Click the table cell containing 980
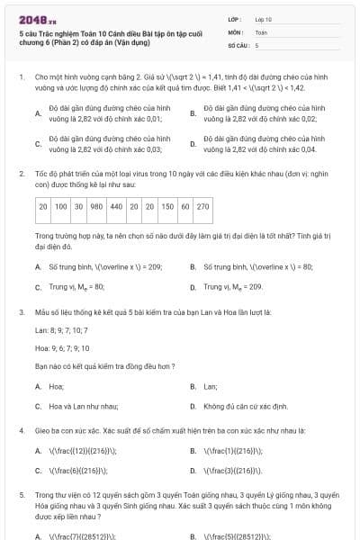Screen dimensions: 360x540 coord(96,206)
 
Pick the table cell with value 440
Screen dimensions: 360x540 coord(116,206)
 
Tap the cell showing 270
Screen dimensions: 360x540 coord(202,206)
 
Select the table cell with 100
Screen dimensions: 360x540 coord(61,206)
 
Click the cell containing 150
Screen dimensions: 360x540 coord(167,206)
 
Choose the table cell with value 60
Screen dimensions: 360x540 coord(184,206)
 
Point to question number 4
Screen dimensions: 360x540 coord(21,430)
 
